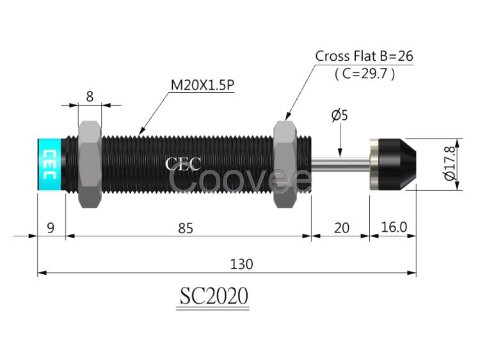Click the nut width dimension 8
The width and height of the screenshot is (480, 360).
coord(90,97)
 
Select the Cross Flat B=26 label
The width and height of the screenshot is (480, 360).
coord(364,56)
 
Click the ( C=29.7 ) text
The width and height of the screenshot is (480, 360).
coord(365,74)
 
